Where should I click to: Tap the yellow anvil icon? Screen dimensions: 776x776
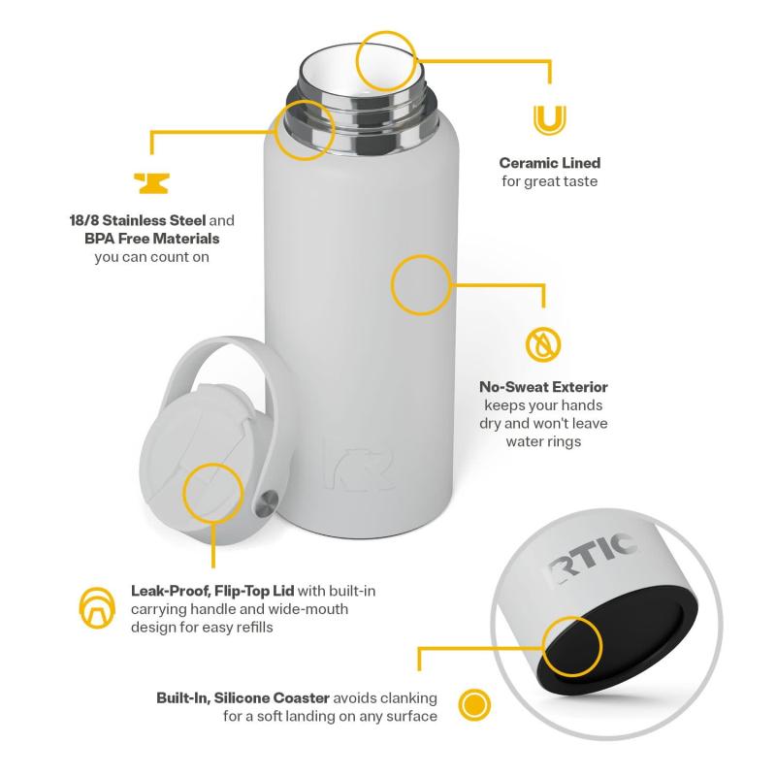coord(152,183)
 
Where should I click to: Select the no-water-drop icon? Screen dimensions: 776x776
coord(543,344)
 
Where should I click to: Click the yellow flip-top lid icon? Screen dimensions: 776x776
coord(97,608)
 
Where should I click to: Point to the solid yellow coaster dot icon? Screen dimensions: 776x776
coord(474,704)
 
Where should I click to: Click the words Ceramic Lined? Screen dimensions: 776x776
coord(549,163)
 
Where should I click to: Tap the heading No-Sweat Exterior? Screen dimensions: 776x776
coord(543,387)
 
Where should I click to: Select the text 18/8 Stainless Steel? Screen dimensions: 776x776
coord(138,221)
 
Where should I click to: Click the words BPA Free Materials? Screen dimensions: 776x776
coord(152,239)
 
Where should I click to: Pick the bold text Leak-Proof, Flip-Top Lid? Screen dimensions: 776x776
coord(212,591)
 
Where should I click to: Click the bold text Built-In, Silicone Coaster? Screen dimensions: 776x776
coord(243,697)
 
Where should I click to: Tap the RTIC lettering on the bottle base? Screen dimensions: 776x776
coord(591,561)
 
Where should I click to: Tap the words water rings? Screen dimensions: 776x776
coord(543,441)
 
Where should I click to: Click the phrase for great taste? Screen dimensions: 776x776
coord(549,181)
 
